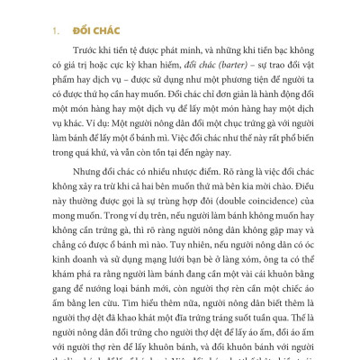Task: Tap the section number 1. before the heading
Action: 53,29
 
